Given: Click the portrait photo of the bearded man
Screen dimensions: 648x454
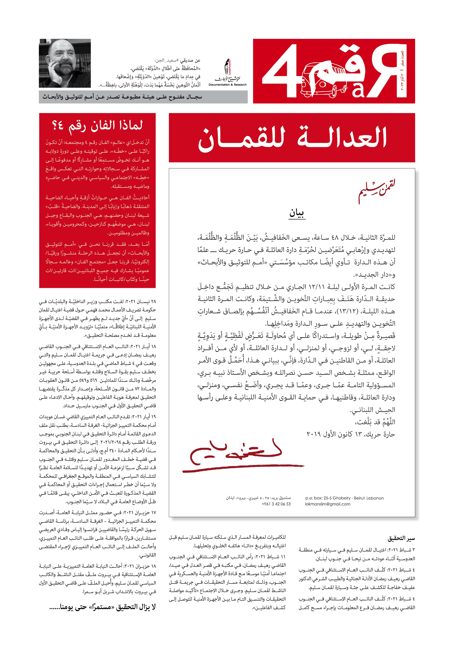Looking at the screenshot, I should point(65,63).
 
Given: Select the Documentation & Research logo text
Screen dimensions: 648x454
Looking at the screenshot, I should point(227,84).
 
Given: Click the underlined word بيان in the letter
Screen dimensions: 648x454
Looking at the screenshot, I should point(297,213).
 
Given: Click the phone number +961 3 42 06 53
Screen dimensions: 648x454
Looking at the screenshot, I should point(276,504).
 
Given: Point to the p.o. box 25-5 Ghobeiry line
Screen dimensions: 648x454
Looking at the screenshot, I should point(344,498).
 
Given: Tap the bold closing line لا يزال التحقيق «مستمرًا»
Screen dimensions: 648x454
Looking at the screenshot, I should point(102,607).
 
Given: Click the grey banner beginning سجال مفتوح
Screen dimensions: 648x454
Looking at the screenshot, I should point(143,97).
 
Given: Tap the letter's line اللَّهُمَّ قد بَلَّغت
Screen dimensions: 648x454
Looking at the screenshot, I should point(375,422).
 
